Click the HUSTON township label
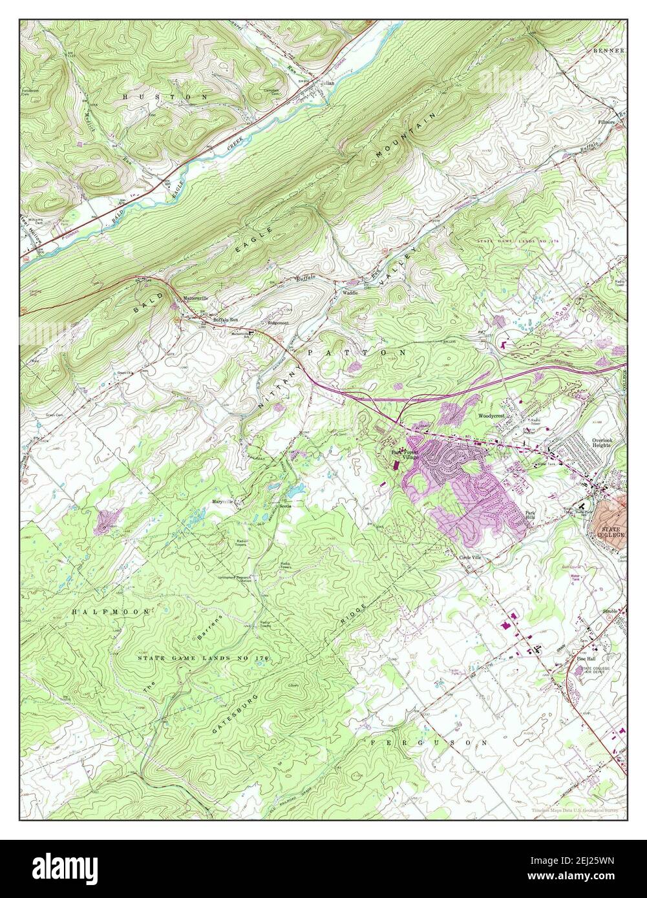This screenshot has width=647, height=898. (165, 96)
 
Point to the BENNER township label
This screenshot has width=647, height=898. (608, 50)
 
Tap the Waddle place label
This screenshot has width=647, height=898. (350, 293)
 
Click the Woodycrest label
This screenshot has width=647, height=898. (491, 416)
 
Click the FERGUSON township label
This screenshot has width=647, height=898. (429, 744)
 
